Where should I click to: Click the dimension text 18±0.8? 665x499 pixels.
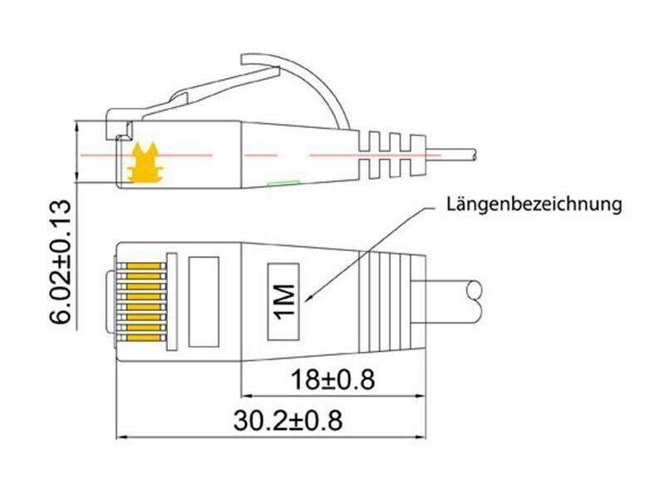[x=332, y=379]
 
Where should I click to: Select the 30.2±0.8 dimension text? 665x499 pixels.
[x=288, y=420]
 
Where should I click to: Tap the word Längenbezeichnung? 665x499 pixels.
[x=534, y=205]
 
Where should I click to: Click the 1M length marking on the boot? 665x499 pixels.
[x=283, y=301]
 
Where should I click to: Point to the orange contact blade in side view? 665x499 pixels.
[x=145, y=163]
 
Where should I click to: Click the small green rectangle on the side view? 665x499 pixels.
[x=283, y=184]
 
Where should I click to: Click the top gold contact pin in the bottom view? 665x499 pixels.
[x=144, y=266]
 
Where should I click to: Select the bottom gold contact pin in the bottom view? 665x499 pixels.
[x=144, y=338]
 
